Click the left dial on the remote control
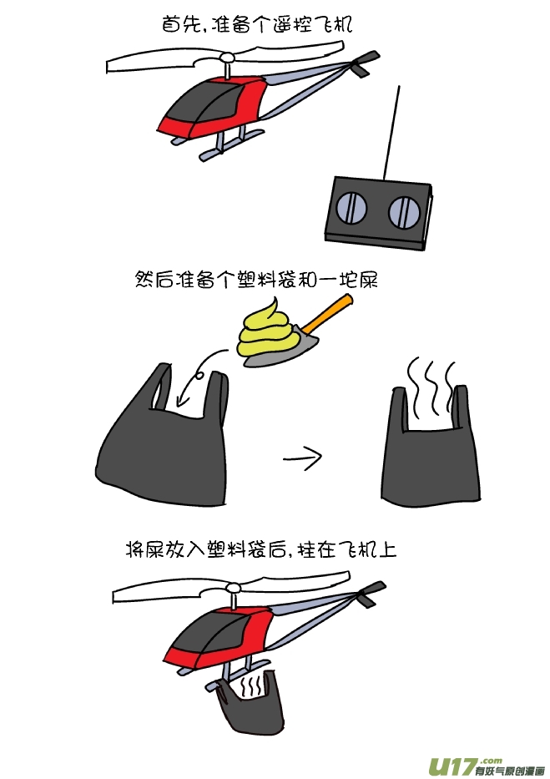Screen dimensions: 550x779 click(x=351, y=206)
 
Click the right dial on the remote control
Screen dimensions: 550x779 click(x=405, y=211)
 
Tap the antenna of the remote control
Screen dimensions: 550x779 click(x=391, y=132)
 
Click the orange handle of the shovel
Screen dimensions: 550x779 click(x=329, y=312)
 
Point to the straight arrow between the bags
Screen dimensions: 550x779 click(x=303, y=457)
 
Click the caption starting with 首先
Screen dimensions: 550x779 click(x=256, y=24)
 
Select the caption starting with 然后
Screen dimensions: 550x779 click(x=256, y=280)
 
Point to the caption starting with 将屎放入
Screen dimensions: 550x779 click(x=261, y=550)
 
